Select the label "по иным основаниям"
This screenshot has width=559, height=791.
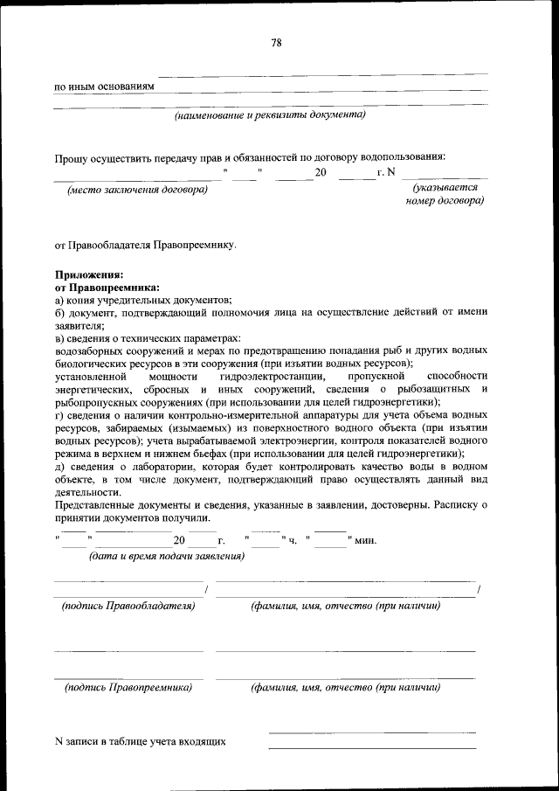(104, 87)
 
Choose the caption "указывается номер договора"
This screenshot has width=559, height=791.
(445, 194)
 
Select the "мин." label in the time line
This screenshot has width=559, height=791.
(365, 539)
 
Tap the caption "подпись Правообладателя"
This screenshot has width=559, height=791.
(128, 606)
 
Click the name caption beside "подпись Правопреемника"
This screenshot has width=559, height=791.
(345, 687)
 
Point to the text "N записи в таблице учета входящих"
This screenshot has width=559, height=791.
(140, 741)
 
